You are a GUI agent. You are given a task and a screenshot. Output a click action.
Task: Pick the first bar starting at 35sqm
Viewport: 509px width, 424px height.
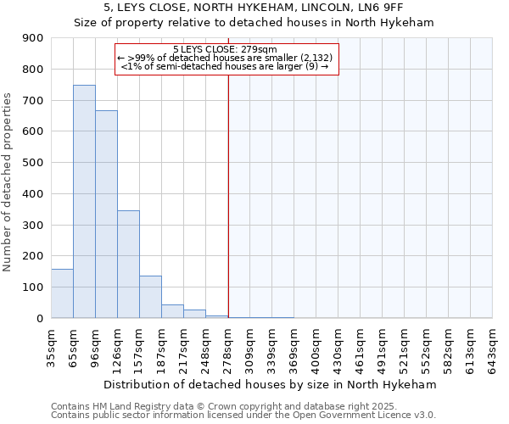[62, 293]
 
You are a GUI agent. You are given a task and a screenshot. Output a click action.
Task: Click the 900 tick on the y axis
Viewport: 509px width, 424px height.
[33, 38]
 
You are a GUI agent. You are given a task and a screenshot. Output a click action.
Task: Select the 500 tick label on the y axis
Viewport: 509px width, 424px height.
[33, 163]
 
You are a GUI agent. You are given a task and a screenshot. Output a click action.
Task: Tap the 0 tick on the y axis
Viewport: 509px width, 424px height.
[40, 318]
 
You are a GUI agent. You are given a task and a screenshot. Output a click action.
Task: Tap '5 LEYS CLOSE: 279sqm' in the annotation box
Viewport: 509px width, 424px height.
[226, 49]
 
